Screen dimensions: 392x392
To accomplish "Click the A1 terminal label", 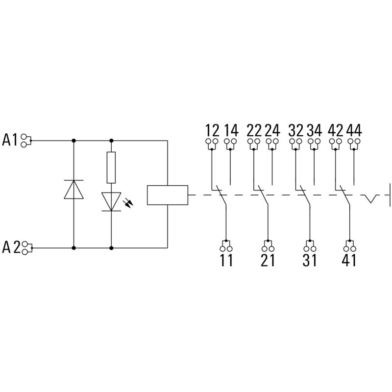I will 10,140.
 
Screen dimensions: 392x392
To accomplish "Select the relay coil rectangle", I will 168,195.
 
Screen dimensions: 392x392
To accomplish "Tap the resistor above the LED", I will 111,167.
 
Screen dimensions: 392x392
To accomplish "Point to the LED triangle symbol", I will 111,201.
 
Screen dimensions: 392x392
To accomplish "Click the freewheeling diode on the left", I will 73,189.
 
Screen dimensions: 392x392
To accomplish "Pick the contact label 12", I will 212,131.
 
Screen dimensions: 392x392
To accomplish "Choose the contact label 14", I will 231,131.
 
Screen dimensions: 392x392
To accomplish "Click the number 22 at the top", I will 254,131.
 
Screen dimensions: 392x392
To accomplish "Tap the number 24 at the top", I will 272,131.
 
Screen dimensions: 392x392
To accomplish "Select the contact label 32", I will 295,131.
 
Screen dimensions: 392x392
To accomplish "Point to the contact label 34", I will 314,131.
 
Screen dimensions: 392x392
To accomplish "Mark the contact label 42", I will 336,131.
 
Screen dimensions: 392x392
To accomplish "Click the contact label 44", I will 354,131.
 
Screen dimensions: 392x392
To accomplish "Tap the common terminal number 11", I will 226,260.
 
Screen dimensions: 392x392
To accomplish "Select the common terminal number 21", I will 268,260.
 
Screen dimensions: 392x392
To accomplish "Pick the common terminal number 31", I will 309,260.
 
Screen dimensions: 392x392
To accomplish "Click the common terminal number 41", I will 349,260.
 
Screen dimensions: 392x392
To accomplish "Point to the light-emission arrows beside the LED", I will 130,202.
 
